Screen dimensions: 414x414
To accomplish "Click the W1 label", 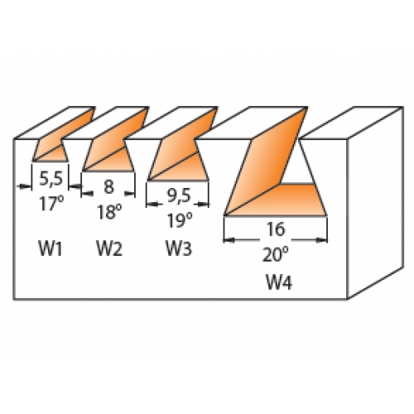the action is point(51,248).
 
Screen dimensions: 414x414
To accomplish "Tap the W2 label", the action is point(109,248).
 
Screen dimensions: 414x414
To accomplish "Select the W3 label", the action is point(178,248).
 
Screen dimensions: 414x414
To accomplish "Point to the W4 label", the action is point(278,282).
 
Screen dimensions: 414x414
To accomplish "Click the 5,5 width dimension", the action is point(51,180).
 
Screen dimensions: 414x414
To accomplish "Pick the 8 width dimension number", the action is point(108,186).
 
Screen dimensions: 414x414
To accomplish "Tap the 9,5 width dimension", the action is point(179,196).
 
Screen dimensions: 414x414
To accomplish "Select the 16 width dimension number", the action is point(276,229).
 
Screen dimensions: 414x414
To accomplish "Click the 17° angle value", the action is point(51,204).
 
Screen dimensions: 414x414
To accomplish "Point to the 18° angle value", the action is point(109,212).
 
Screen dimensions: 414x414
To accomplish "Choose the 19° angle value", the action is point(180,221).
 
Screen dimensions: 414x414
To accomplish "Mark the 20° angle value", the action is point(275,254).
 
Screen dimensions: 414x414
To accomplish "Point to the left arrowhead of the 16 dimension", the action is point(229,240).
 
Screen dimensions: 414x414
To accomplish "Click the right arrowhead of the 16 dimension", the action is point(322,240).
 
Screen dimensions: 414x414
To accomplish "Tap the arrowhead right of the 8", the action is point(130,194).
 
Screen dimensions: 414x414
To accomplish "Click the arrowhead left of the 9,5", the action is point(152,205).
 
